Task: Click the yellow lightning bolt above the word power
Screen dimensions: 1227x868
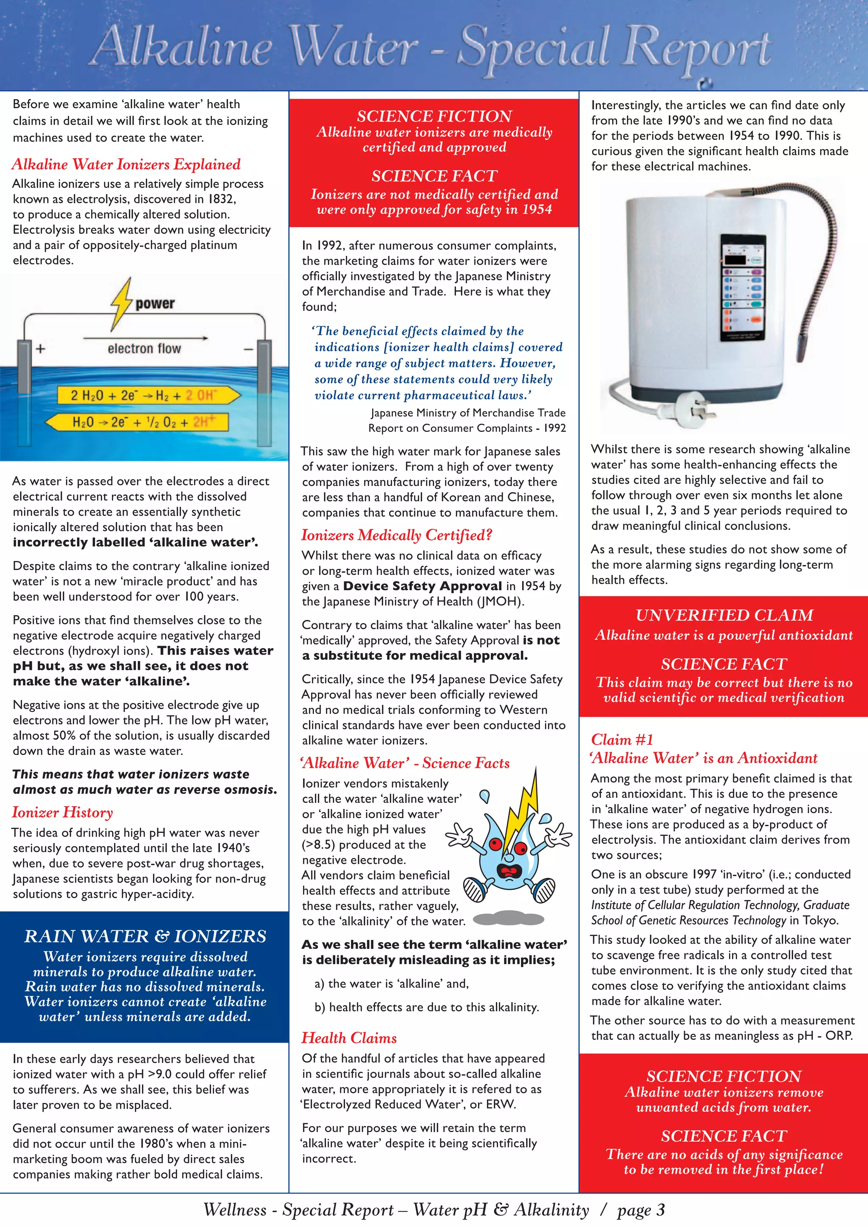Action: point(122,303)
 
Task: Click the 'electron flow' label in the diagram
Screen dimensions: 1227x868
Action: point(144,348)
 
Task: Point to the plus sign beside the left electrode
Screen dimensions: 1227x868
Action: point(41,349)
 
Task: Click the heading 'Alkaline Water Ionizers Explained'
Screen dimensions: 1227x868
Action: point(126,164)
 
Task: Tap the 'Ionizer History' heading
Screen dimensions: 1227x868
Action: point(63,812)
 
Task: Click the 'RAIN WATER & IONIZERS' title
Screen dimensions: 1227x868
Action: point(145,936)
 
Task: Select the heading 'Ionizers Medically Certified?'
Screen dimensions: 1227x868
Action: point(396,535)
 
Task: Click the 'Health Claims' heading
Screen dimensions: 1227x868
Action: point(349,1038)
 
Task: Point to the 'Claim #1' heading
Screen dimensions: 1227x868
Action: point(622,740)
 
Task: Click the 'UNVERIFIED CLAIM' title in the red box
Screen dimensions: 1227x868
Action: point(724,615)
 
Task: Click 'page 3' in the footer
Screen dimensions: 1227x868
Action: point(641,1210)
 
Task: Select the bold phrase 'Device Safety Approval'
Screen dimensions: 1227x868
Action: point(422,586)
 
